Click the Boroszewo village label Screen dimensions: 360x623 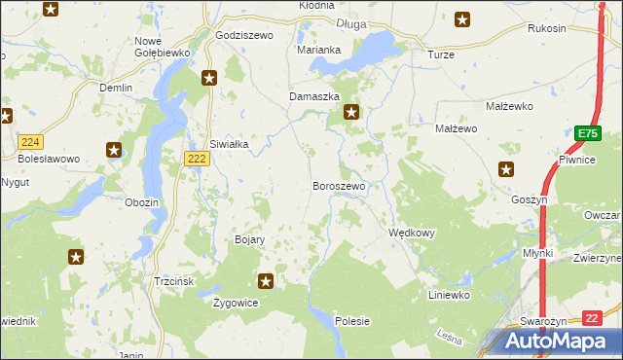(x=339, y=186)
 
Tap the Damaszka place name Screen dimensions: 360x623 (x=314, y=97)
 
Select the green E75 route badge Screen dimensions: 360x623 (x=585, y=133)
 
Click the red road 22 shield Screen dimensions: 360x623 (x=593, y=317)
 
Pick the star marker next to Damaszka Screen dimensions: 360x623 (x=351, y=113)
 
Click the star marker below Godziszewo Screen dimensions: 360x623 (x=208, y=78)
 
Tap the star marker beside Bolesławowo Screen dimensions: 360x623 (x=114, y=150)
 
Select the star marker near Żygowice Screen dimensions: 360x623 (x=265, y=282)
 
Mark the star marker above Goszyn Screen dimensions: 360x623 (x=505, y=169)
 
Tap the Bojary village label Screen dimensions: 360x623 (x=250, y=239)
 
